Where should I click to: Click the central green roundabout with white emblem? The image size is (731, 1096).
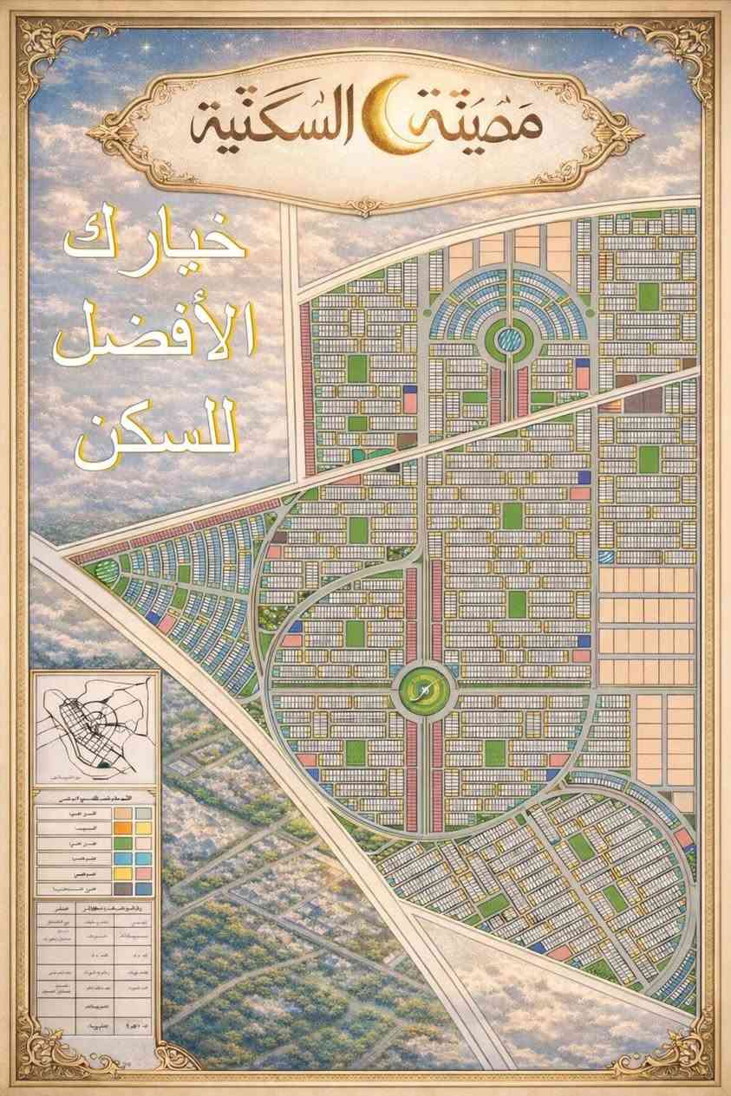423,690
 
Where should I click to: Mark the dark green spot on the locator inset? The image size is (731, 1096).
105,764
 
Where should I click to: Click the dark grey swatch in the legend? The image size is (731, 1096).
127,887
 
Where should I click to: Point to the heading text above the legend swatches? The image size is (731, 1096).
95,794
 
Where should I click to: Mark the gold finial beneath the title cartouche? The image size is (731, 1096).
364,206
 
